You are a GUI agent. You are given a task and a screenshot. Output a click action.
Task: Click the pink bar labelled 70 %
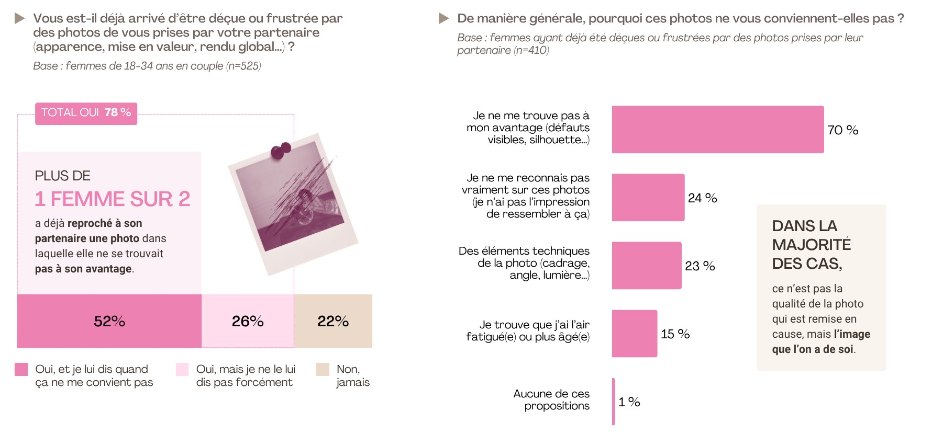[x=718, y=130]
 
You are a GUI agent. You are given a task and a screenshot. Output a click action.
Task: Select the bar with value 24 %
[x=648, y=198]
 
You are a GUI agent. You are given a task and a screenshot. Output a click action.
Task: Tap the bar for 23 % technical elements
[x=647, y=266]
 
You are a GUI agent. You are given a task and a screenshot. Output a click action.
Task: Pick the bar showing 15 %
[x=635, y=334]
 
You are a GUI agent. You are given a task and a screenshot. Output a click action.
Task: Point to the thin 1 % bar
[x=614, y=402]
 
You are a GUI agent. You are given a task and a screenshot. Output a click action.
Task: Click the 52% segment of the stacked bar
[x=109, y=321]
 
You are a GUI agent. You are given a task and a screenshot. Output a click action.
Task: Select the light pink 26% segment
[x=248, y=321]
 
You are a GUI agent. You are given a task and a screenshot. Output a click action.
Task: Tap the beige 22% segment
[x=333, y=321]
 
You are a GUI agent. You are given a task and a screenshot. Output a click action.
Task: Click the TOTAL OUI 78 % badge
[x=86, y=113]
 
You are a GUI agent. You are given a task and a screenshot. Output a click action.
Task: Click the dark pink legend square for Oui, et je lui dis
[x=21, y=369]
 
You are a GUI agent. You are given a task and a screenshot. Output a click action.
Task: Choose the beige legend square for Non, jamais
[x=323, y=369]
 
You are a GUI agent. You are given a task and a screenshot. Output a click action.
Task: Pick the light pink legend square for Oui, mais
[x=182, y=369]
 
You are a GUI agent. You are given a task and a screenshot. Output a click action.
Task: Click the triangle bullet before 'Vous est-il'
[x=20, y=19]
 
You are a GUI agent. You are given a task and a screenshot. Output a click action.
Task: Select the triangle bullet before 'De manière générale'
[x=444, y=19]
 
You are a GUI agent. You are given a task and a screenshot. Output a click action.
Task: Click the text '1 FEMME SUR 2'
[x=113, y=199]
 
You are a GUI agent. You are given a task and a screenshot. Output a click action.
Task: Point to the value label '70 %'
[x=843, y=130]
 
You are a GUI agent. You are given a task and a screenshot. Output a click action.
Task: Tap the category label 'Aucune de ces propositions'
[x=551, y=400]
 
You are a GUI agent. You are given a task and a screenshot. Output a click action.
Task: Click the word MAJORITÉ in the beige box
[x=812, y=245]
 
